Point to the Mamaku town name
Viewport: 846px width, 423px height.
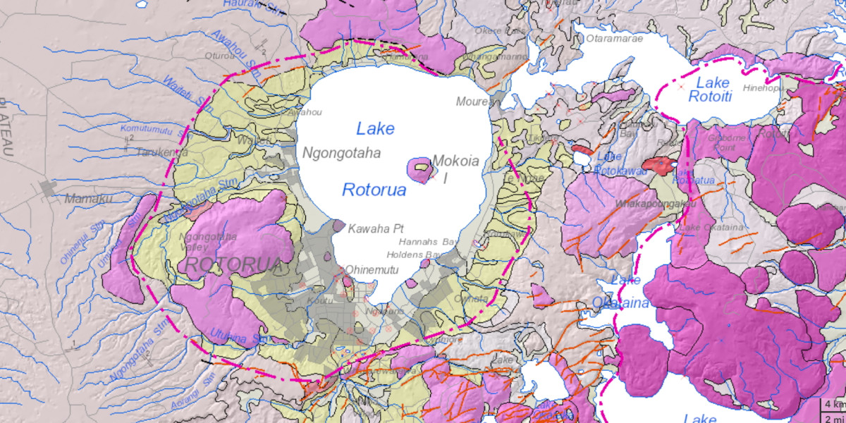click(x=88, y=200)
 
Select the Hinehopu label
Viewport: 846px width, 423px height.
click(x=763, y=88)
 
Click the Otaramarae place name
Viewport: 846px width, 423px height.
click(x=614, y=39)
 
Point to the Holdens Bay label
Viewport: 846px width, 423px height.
click(x=413, y=255)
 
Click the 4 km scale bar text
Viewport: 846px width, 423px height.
click(x=835, y=405)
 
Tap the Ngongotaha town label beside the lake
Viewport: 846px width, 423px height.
click(x=341, y=152)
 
